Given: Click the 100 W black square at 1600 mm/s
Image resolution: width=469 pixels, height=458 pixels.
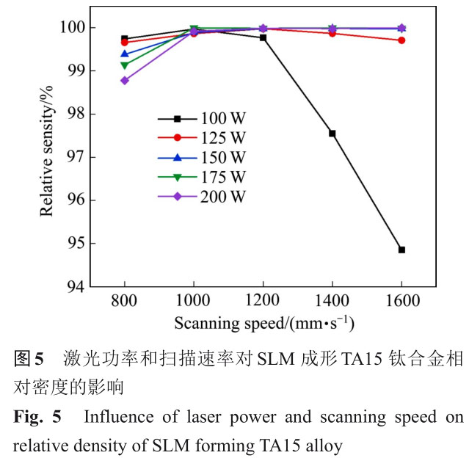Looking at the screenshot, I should point(401,250).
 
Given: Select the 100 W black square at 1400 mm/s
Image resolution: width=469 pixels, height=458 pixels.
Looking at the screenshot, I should point(332,134).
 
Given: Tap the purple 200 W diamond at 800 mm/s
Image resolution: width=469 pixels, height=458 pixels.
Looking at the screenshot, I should point(125,81).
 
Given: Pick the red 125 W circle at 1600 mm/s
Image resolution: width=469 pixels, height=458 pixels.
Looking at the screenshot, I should point(401,40).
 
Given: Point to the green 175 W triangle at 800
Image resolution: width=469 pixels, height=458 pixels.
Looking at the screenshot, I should point(125,66).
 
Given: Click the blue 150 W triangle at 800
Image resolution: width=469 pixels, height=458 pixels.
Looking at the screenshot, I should point(125,54).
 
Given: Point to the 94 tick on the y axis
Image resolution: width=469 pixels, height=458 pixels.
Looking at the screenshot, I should point(76,286).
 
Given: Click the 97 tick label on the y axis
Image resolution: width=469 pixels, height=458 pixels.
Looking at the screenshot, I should point(76,157).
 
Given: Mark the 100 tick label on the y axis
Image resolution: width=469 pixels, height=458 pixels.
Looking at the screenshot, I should point(71,28).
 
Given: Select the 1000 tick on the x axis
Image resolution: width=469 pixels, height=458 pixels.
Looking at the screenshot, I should point(194,302).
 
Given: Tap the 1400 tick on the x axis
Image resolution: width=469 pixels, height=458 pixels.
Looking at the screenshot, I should point(332,302).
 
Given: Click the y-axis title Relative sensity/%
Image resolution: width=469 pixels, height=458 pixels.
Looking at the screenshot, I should point(47,157).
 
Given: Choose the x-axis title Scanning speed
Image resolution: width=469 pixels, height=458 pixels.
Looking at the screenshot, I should point(263,324).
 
